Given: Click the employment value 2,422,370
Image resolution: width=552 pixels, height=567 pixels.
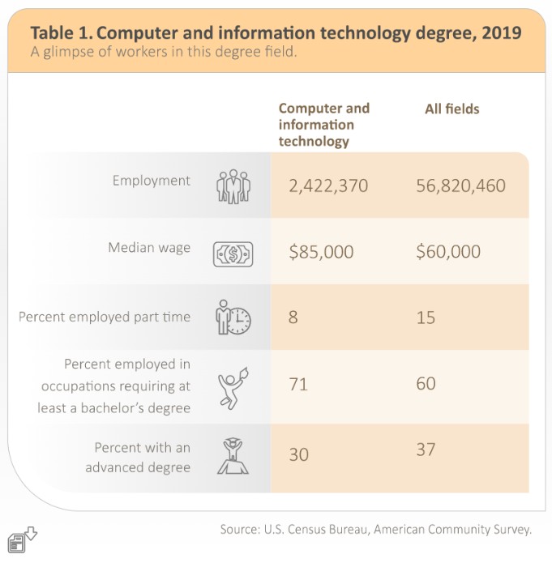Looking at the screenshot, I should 328,186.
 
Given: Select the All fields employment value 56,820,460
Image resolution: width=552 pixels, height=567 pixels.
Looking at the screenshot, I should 460,186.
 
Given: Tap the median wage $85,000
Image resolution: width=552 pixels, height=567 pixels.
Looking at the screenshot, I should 321,252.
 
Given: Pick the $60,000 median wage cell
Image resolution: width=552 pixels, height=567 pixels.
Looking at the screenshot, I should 448,252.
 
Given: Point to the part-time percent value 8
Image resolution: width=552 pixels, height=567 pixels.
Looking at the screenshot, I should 293,318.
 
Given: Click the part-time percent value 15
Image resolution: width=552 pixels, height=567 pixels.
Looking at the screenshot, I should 426,318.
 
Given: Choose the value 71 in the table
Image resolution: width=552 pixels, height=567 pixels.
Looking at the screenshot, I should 298,384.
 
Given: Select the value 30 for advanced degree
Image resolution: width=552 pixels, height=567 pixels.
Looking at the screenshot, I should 298,454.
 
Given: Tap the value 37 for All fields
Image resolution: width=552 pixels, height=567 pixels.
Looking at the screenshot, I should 426,449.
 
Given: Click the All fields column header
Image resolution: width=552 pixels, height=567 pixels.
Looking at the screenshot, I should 452,109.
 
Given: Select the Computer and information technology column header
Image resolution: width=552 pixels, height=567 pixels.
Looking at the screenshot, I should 323,125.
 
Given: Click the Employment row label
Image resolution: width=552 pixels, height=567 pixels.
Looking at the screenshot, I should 152,181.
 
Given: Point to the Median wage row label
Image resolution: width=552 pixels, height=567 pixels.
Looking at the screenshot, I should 149,247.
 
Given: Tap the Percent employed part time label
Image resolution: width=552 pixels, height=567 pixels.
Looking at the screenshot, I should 105,317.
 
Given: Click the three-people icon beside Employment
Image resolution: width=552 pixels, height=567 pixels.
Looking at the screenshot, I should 233,185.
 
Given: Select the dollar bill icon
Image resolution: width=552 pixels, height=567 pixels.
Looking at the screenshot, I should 233,254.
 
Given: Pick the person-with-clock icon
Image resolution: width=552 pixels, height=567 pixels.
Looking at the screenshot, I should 233,318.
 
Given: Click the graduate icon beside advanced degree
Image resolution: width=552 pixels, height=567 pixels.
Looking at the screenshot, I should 233,455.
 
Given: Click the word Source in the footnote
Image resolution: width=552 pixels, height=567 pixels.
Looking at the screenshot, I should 240,530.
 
